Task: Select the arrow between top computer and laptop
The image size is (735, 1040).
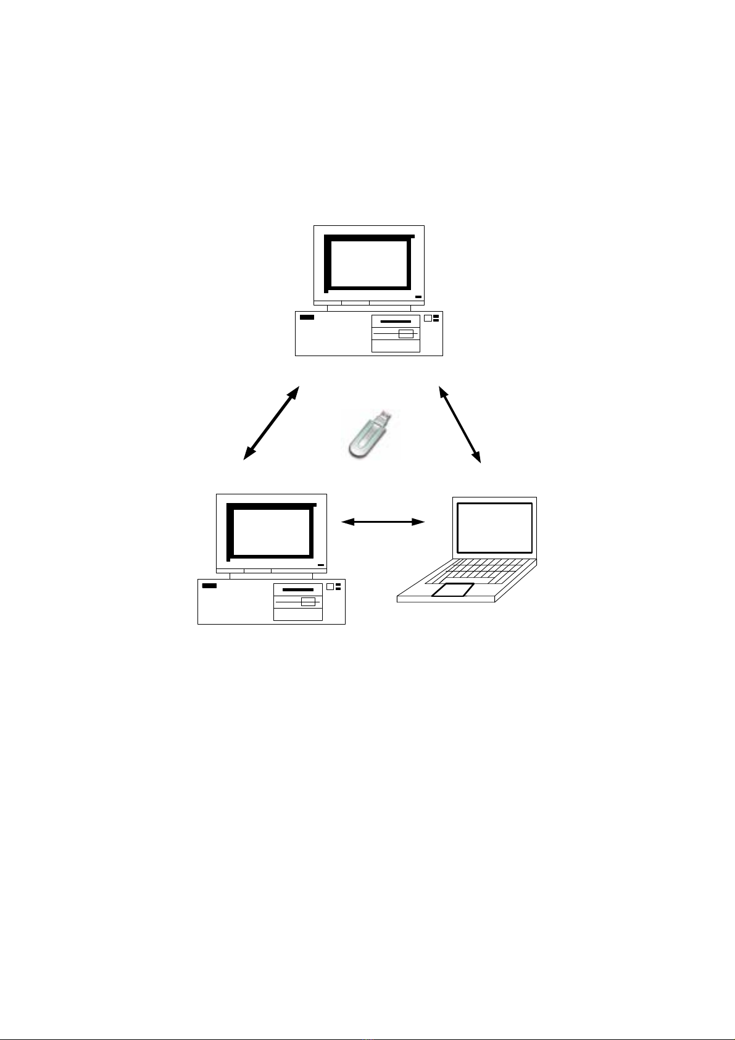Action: click(459, 424)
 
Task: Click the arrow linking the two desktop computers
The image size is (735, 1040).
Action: click(272, 423)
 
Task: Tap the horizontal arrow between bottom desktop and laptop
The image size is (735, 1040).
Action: click(383, 522)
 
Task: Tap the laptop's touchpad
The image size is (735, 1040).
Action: click(454, 590)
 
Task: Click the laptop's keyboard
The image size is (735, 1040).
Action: click(487, 572)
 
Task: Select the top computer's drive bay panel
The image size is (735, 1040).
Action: click(396, 333)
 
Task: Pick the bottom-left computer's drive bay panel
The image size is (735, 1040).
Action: click(297, 602)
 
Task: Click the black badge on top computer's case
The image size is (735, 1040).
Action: click(307, 317)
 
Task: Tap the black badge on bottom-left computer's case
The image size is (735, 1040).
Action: click(209, 586)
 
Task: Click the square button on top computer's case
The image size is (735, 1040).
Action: click(428, 318)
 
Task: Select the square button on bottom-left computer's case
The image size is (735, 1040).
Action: click(330, 587)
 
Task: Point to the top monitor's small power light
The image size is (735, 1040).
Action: click(418, 297)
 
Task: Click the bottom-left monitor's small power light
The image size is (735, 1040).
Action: click(320, 565)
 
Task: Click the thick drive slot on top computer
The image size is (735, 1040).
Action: click(396, 322)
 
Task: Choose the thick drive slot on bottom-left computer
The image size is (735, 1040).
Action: click(297, 590)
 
